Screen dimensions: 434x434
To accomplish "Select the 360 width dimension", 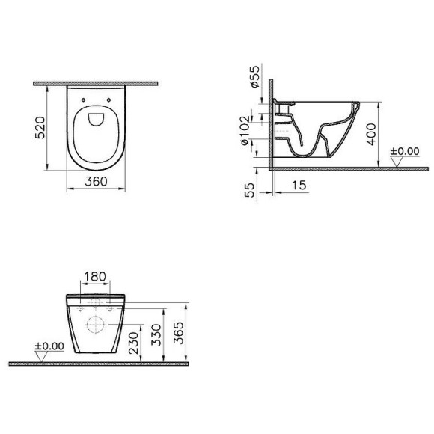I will (94, 182).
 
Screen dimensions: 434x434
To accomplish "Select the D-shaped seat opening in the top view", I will (95, 119).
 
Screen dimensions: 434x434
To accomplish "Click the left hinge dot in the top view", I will (80, 97).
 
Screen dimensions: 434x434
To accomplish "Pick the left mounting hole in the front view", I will (79, 308).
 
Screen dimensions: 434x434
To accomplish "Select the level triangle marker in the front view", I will (43, 357).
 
